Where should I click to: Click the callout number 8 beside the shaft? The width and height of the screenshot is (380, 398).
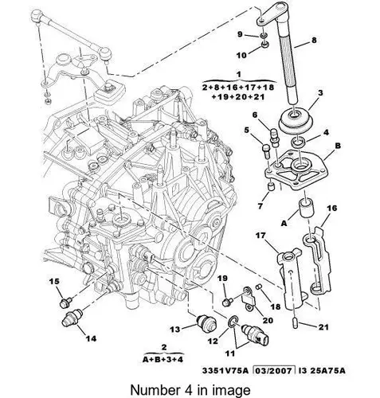pyautogui.click(x=314, y=41)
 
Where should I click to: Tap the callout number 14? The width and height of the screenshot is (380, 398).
pyautogui.click(x=91, y=338)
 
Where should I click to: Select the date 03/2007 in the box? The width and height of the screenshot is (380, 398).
pyautogui.click(x=274, y=370)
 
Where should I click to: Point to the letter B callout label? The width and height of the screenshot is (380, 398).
pyautogui.click(x=338, y=146)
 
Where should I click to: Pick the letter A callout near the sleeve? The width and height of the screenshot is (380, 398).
pyautogui.click(x=284, y=224)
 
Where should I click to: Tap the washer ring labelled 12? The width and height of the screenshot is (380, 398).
pyautogui.click(x=233, y=322)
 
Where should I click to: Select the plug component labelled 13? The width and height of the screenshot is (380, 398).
pyautogui.click(x=206, y=322)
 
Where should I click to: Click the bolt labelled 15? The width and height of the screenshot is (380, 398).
pyautogui.click(x=65, y=302)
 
